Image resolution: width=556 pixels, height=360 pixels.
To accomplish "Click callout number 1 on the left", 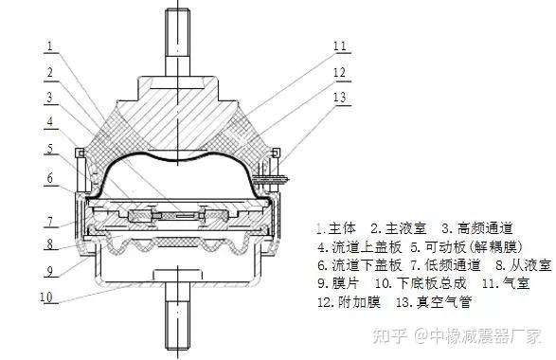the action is (x=48, y=44).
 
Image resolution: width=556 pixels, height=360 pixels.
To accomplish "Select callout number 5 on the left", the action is (x=48, y=149).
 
